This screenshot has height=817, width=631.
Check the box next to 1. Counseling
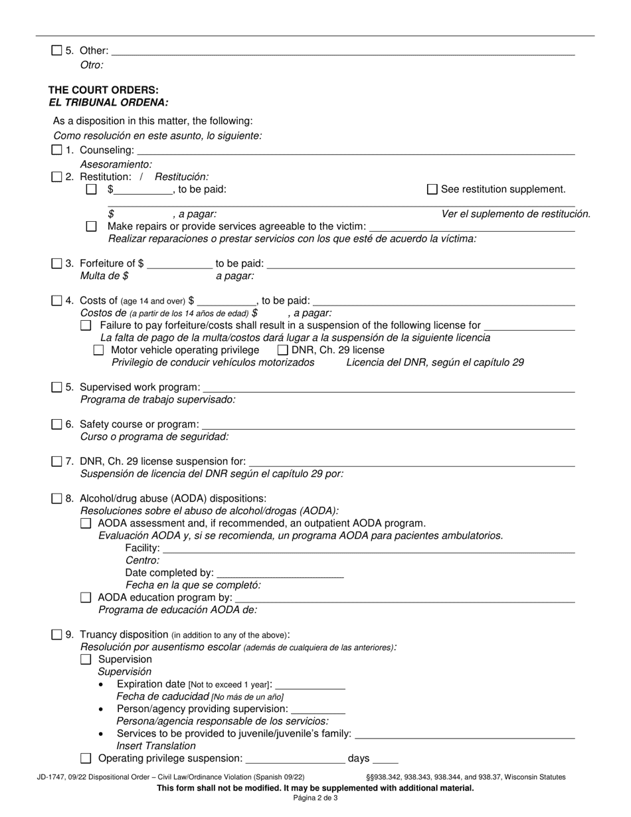pos(56,151)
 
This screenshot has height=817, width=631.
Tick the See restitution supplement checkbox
pos(432,189)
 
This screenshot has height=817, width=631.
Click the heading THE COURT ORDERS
pos(103,90)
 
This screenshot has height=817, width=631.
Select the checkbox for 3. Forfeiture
pos(56,264)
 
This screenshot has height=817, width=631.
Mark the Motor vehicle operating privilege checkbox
pos(99,350)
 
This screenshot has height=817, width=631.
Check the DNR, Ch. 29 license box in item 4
pos(282,350)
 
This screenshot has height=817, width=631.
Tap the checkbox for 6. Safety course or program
pos(56,424)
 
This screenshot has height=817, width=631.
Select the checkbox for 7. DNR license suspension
pos(56,462)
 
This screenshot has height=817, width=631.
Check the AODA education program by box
pos(86,598)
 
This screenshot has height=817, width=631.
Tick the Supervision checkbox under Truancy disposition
pos(86,660)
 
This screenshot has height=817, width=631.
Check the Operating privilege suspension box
pos(86,759)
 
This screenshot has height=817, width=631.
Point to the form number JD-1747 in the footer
pos(53,776)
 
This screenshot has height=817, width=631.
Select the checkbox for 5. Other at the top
pos(56,50)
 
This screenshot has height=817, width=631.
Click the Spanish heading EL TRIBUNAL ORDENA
pos(108,103)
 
